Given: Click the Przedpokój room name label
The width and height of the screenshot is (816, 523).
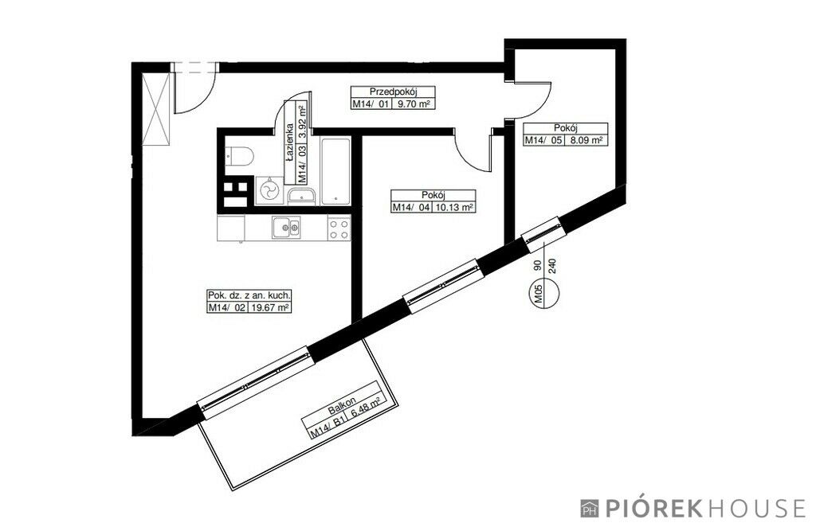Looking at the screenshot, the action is (394, 90).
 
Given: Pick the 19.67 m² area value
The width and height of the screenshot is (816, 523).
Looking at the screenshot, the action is (270, 308).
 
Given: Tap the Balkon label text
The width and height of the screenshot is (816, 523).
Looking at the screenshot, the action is (343, 407).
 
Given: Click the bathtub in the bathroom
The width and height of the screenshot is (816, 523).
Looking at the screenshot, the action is (335, 171).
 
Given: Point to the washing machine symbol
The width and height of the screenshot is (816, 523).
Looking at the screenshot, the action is (269, 191).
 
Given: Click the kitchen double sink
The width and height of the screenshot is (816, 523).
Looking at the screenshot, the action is (286, 227).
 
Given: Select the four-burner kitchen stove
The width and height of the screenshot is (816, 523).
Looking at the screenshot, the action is (339, 229).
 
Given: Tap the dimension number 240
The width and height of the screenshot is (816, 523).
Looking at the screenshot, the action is (552, 267).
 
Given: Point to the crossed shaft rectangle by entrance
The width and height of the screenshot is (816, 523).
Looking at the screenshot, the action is (159, 110).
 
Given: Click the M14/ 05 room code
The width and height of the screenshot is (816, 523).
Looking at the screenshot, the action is (543, 140).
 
